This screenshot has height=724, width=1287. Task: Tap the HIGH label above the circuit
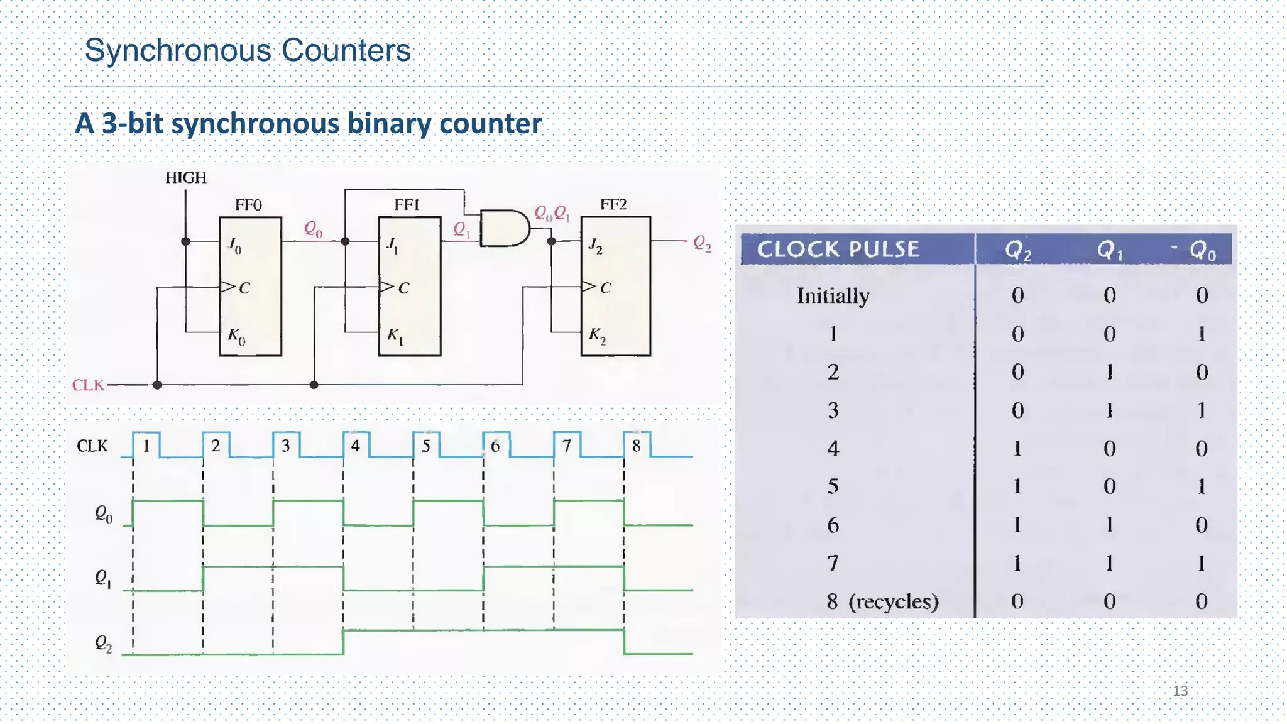pyautogui.click(x=185, y=178)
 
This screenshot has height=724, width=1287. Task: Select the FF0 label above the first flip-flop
pyautogui.click(x=248, y=205)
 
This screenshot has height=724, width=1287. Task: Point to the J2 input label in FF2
pyautogui.click(x=595, y=246)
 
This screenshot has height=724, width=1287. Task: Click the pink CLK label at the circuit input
pyautogui.click(x=88, y=385)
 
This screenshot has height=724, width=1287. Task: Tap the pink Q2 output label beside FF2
pyautogui.click(x=702, y=243)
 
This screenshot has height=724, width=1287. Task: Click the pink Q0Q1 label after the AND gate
pyautogui.click(x=552, y=214)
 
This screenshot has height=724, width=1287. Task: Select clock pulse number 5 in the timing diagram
pyautogui.click(x=426, y=446)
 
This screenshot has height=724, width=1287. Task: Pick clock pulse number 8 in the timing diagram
pyautogui.click(x=636, y=446)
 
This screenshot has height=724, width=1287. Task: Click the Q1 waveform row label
pyautogui.click(x=103, y=578)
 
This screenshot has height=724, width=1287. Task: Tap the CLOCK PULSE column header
pyautogui.click(x=838, y=250)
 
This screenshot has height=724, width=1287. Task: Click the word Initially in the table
pyautogui.click(x=833, y=295)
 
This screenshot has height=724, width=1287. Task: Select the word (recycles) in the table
pyautogui.click(x=893, y=601)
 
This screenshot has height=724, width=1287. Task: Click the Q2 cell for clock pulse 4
pyautogui.click(x=1017, y=449)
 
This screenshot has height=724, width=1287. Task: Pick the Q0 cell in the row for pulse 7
pyautogui.click(x=1201, y=563)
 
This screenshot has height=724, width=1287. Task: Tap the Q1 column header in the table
pyautogui.click(x=1110, y=251)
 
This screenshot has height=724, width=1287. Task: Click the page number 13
pyautogui.click(x=1180, y=691)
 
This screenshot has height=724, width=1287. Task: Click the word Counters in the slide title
pyautogui.click(x=346, y=50)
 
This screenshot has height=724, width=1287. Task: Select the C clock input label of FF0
pyautogui.click(x=244, y=288)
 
